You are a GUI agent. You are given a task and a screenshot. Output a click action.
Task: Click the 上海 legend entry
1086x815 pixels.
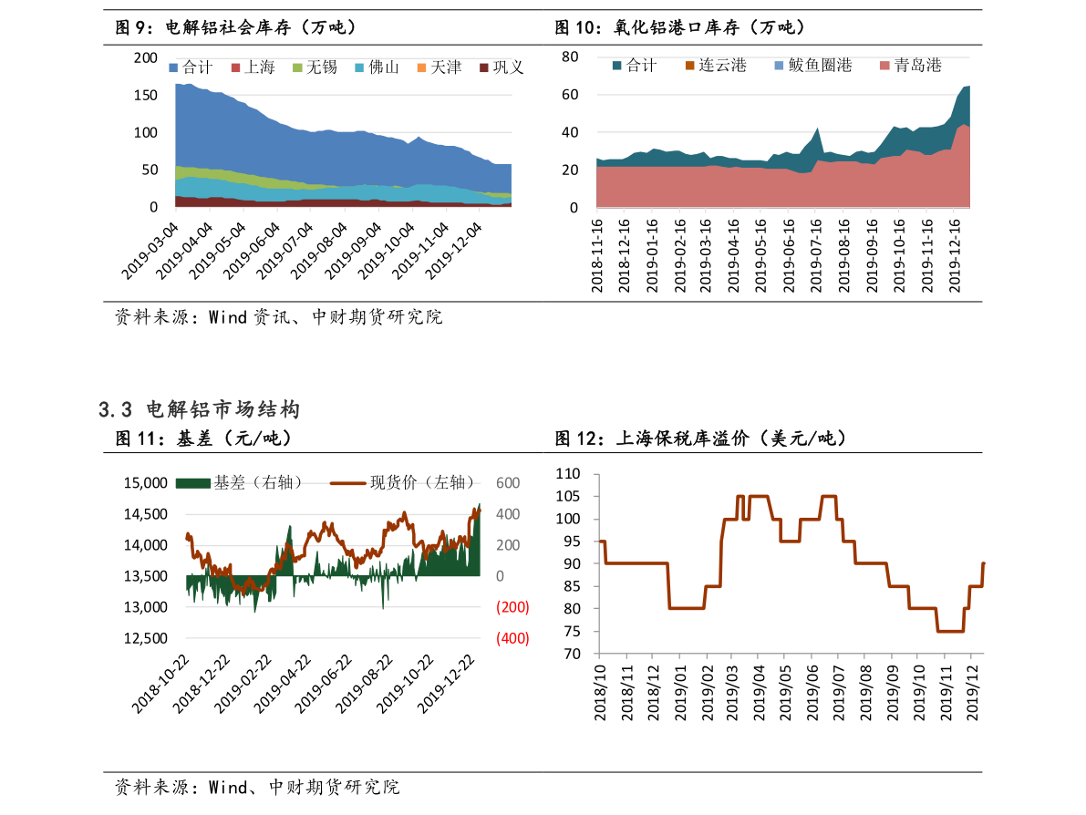click(x=253, y=67)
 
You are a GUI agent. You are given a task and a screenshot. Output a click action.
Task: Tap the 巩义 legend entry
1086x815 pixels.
click(x=502, y=67)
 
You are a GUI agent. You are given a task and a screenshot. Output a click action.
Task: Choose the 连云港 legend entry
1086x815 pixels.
click(x=716, y=66)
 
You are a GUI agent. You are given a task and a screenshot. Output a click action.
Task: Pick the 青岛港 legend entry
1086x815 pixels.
click(x=910, y=66)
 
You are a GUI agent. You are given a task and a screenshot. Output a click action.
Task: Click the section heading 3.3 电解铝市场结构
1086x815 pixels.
click(x=199, y=410)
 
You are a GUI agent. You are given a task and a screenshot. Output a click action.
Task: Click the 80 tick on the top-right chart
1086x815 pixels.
click(x=570, y=57)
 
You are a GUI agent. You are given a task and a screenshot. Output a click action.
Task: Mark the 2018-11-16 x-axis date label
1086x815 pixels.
click(x=597, y=255)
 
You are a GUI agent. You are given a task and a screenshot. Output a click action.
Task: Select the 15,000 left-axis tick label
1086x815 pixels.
click(x=145, y=483)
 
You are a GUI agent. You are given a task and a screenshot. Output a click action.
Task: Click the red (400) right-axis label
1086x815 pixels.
click(x=512, y=638)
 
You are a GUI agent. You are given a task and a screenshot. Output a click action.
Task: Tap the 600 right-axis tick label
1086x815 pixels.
click(x=507, y=483)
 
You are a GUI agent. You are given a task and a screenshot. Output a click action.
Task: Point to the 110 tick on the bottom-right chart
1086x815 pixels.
click(x=568, y=474)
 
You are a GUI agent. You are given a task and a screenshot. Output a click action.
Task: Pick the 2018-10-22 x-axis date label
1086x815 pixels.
click(x=161, y=684)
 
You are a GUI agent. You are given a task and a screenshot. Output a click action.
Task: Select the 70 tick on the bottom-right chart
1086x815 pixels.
click(x=573, y=654)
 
